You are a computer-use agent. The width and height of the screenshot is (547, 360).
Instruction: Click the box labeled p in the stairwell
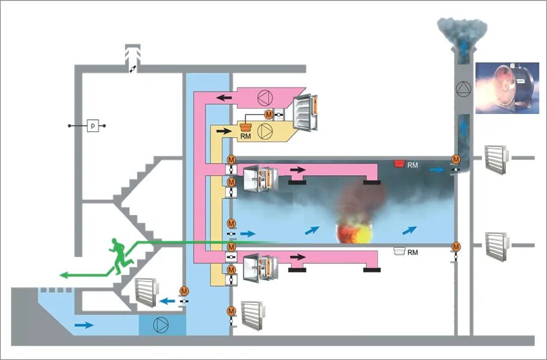click(x=93, y=126)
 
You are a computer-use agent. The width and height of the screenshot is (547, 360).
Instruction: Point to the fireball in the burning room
click(x=355, y=232)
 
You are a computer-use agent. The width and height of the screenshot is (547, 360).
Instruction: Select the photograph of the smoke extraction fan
click(x=507, y=88)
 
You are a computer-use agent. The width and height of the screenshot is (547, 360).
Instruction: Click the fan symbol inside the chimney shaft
click(x=463, y=89)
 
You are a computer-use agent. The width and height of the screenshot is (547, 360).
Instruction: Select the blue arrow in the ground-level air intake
click(x=83, y=325)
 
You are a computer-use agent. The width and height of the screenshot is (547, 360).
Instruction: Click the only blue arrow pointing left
click(x=166, y=300)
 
